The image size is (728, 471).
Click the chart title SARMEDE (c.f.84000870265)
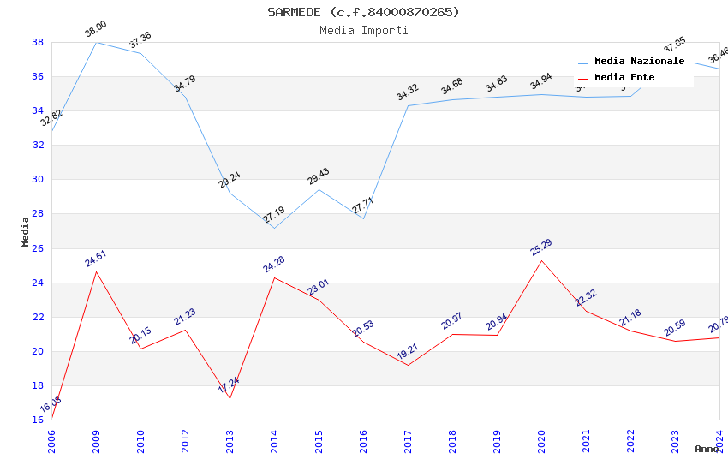coord(363,12)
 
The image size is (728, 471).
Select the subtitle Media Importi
coord(363,30)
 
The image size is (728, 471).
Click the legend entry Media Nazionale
coord(639,62)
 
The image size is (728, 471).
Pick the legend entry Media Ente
coord(624,78)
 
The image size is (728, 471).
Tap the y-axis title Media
coord(26,231)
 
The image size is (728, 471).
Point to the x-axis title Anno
coord(707,449)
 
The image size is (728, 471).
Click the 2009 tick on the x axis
coord(96,441)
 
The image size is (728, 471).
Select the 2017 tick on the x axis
coord(408,441)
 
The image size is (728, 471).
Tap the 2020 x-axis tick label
coord(541,441)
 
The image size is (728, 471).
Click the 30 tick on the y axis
coord(38,180)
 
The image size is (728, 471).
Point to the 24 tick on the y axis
coord(38,283)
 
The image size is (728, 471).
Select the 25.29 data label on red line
coord(541,247)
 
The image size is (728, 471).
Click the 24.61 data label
coord(96,259)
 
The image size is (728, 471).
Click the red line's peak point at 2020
coord(541,260)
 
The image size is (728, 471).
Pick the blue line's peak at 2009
coord(96,42)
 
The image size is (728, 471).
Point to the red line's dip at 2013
coord(230,398)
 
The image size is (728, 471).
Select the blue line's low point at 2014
coord(274,228)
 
